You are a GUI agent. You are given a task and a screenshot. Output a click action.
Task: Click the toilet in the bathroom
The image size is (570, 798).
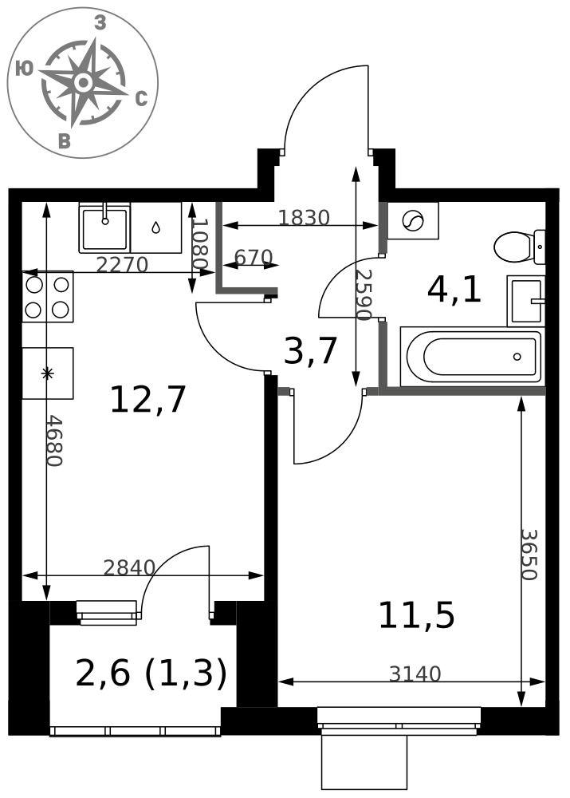click(519, 247)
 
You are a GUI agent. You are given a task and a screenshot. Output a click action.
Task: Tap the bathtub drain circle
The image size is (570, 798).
click(517, 357)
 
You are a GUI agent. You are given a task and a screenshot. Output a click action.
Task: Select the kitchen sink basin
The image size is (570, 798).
click(104, 227)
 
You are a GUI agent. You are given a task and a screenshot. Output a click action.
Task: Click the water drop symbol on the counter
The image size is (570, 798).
click(155, 227)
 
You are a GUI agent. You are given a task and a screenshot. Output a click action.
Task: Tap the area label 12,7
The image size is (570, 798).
click(148, 400)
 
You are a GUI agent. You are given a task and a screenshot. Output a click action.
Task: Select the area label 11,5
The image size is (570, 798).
click(416, 616)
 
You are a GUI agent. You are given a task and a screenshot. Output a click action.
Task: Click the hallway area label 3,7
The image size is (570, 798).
click(311, 351)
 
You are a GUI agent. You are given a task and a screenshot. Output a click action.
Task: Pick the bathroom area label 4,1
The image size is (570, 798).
click(454, 290)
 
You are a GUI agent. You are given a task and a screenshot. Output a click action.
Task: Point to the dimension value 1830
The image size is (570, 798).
click(304, 218)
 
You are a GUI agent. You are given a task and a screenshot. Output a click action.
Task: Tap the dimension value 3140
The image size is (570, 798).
click(415, 674)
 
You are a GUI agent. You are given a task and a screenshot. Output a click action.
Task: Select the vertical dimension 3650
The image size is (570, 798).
click(529, 555)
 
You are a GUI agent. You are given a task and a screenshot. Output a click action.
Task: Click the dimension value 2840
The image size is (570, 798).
click(129, 567)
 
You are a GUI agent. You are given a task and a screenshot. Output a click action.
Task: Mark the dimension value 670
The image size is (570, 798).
click(254, 258)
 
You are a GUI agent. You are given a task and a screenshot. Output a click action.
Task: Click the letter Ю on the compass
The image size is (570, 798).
click(24, 68)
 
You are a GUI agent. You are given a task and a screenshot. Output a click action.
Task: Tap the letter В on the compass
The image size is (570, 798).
click(64, 141)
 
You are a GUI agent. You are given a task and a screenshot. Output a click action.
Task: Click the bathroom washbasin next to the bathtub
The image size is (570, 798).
click(526, 301)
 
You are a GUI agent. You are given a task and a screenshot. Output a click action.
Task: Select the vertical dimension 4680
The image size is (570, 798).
click(54, 440)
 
